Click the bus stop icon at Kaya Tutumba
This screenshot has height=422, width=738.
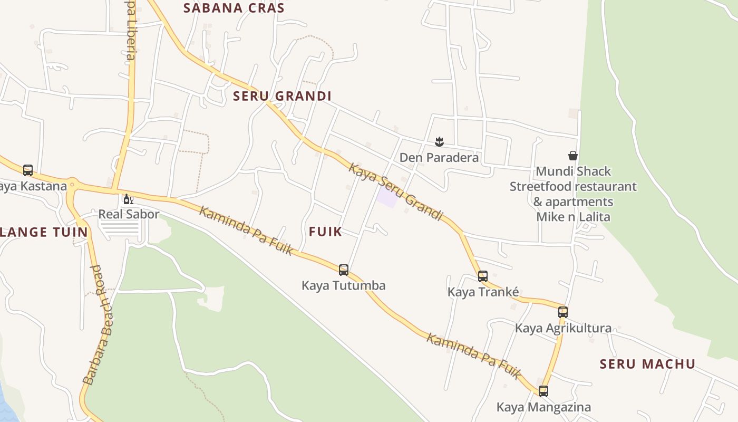(344, 270)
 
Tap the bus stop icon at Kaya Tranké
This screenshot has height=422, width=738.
(483, 276)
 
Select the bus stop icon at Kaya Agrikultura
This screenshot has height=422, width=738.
(563, 312)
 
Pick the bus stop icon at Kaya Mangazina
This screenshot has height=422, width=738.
(543, 391)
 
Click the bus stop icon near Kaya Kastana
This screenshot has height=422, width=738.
(28, 170)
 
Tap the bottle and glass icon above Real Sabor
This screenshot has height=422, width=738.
(128, 199)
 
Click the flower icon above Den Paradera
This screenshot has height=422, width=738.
(439, 141)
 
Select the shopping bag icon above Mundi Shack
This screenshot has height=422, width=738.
(573, 156)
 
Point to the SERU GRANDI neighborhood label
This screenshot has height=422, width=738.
(282, 96)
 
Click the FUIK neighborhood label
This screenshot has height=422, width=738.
(325, 231)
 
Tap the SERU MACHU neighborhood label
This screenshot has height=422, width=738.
(648, 364)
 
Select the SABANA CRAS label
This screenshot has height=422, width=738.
(234, 8)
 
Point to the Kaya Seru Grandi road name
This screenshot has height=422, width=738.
(395, 192)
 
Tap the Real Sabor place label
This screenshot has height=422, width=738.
(129, 214)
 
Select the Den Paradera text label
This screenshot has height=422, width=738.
(439, 158)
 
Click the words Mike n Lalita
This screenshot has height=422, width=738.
(573, 217)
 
